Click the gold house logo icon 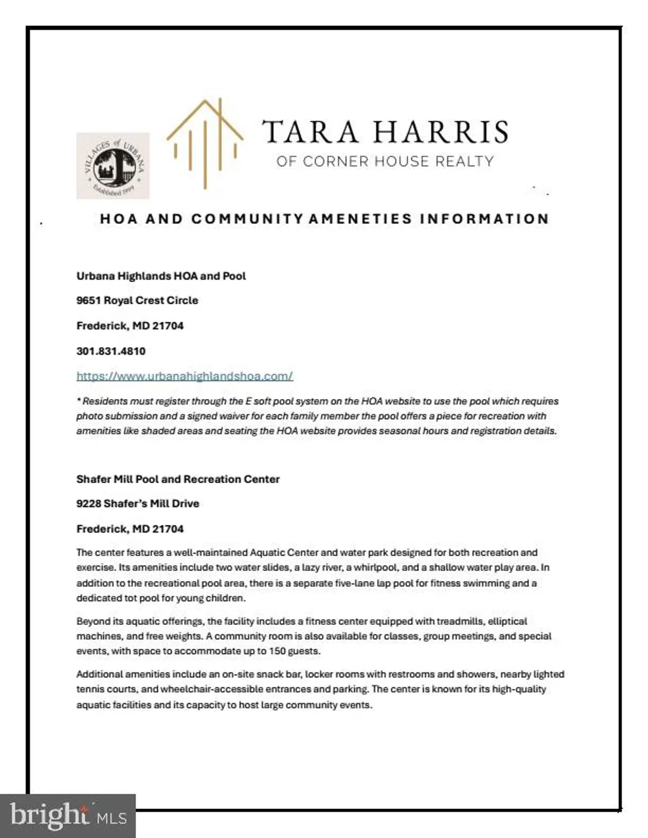[204, 144]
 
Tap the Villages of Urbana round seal [113, 166]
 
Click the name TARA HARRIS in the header [385, 132]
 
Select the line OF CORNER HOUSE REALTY [385, 161]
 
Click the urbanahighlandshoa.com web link [184, 376]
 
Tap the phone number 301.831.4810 [111, 351]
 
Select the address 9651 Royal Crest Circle [137, 300]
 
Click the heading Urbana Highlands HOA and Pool [161, 276]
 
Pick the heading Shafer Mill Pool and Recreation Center [178, 479]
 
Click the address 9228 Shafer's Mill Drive [137, 503]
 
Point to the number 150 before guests [277, 651]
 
